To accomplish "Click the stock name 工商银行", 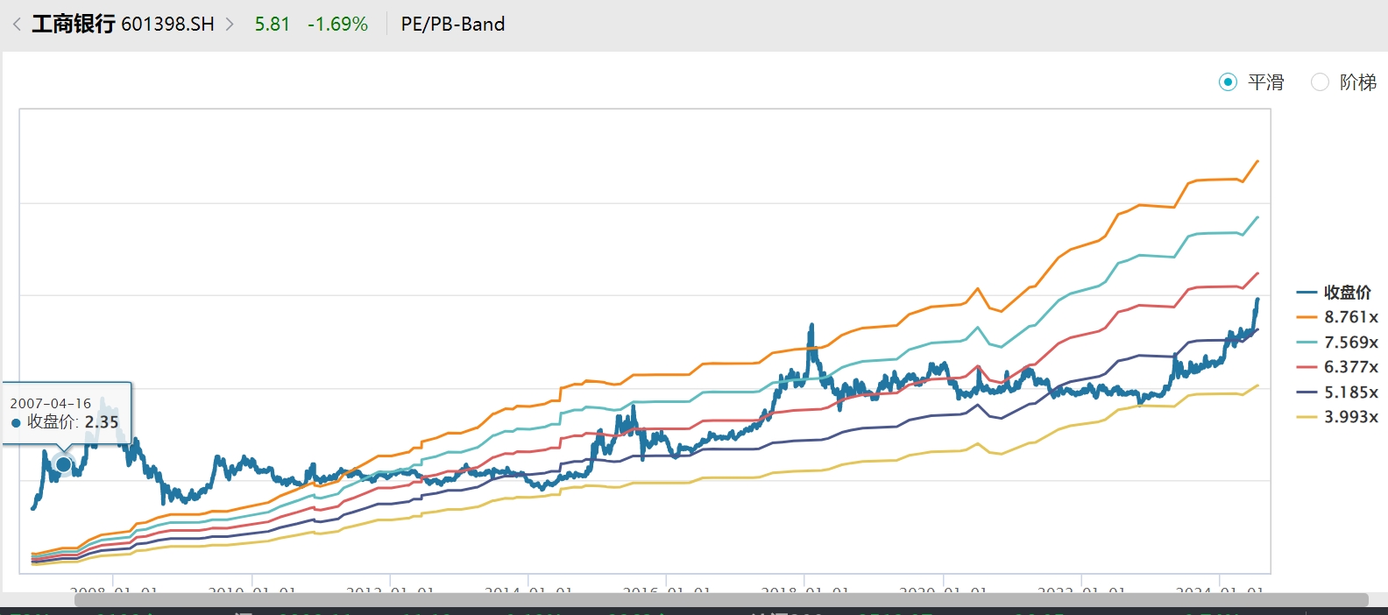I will [73, 25].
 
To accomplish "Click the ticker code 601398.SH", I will [167, 25].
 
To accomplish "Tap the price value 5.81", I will [272, 25].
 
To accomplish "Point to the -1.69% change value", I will [337, 25].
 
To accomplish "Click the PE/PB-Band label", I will [453, 25].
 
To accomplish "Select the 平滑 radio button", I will [1229, 82].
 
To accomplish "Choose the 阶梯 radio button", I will [1320, 82].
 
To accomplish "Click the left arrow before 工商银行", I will [17, 25].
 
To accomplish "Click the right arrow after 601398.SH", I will [230, 25].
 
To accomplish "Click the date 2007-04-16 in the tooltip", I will [51, 404].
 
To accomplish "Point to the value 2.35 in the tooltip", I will [102, 422].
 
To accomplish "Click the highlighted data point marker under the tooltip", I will [63, 463].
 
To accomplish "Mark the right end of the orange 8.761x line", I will [1257, 161].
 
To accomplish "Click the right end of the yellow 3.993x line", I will [1257, 385].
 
